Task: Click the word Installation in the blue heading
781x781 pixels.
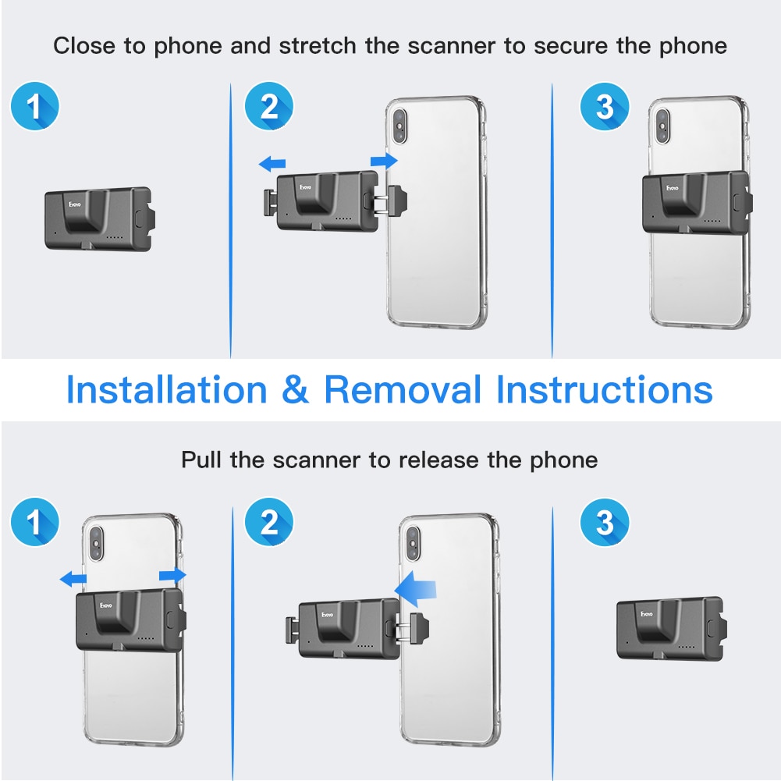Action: point(166,389)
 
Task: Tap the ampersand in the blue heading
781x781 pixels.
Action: point(296,389)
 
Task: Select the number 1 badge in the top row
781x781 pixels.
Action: point(35,106)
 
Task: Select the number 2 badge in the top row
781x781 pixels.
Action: point(269,106)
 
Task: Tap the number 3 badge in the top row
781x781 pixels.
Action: point(605,106)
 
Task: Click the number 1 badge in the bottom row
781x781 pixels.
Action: point(35,522)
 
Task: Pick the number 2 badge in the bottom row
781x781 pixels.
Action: point(269,522)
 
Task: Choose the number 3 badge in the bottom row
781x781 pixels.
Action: point(605,522)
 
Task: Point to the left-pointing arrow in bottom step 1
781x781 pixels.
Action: point(74,578)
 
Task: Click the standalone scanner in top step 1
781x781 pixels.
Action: point(98,218)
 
